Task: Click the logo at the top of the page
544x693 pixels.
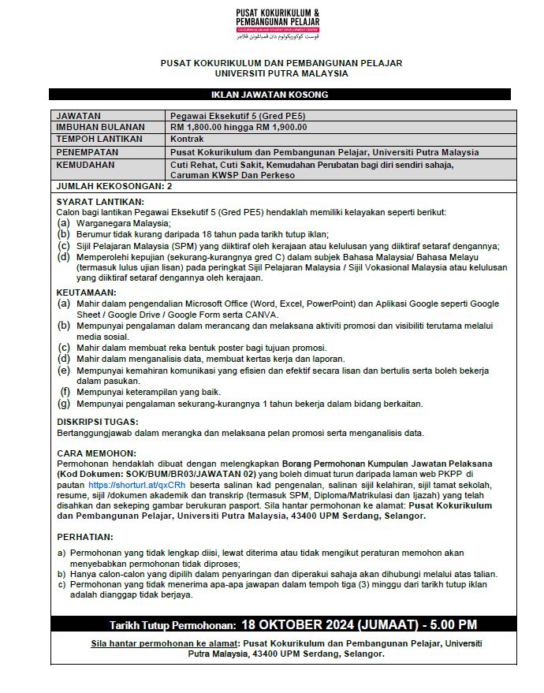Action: point(278,24)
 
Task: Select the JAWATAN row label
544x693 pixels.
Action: point(79,115)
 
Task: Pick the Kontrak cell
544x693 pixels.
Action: point(188,138)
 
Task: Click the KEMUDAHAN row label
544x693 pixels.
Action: point(87,165)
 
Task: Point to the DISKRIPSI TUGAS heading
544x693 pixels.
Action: point(98,422)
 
